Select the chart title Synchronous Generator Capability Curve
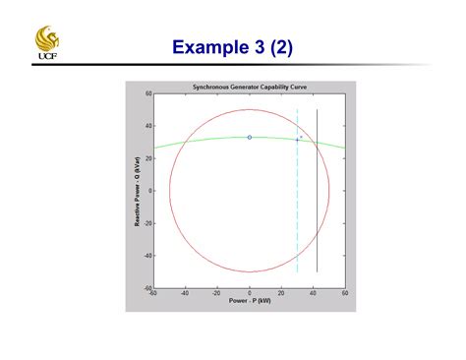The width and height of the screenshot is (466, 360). [249, 87]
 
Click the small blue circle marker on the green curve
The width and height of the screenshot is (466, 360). [250, 137]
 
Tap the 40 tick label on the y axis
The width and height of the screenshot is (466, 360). [146, 126]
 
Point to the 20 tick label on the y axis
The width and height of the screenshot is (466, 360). [146, 158]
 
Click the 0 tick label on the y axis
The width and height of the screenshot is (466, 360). [148, 191]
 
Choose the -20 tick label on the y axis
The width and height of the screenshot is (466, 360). [146, 223]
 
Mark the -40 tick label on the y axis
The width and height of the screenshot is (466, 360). [146, 256]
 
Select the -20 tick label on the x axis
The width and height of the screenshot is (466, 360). [216, 293]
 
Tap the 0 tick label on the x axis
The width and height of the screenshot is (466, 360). [250, 293]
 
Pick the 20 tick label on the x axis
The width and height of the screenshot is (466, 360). [281, 293]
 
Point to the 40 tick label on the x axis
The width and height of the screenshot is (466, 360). [314, 293]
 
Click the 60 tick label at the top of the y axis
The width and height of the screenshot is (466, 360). [146, 94]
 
